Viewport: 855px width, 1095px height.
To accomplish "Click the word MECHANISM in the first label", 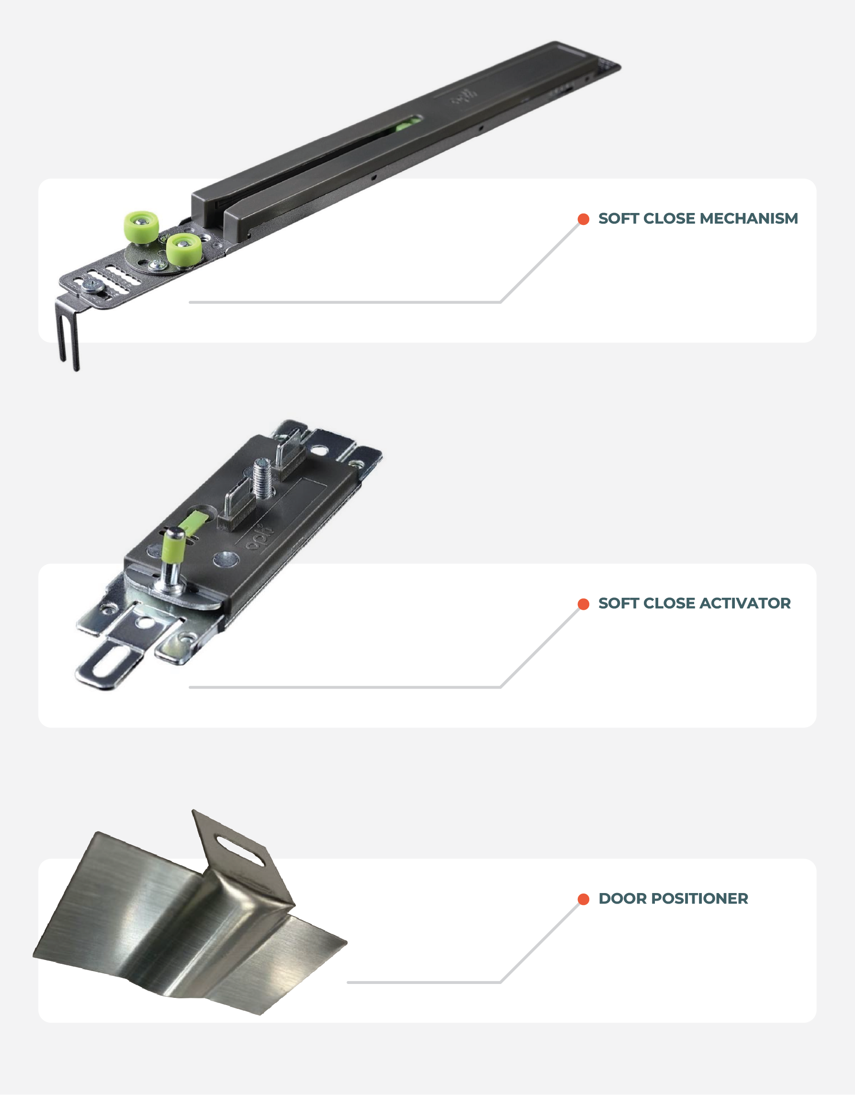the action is [x=748, y=219].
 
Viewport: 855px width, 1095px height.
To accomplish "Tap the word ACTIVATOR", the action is [x=745, y=603].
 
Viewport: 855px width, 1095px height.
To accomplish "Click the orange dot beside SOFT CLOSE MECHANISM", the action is [x=583, y=219].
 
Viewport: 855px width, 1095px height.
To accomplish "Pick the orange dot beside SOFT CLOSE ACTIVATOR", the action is [x=583, y=604].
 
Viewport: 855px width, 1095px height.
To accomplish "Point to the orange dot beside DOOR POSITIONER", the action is [x=583, y=899].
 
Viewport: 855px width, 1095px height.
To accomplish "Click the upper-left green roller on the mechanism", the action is [x=141, y=227].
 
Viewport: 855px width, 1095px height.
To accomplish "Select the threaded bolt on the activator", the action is [x=262, y=480].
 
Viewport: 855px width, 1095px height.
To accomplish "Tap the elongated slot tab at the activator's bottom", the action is [x=111, y=661].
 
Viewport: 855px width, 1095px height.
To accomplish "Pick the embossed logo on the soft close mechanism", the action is [x=463, y=97].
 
